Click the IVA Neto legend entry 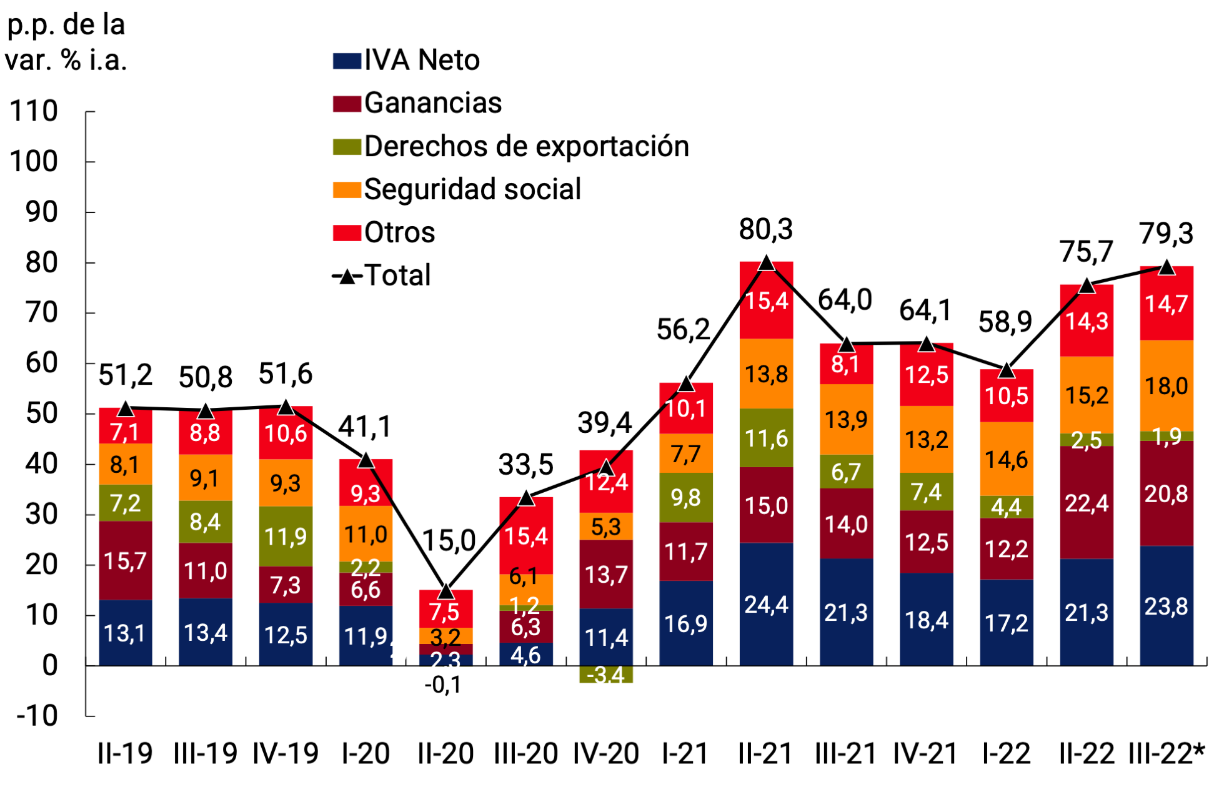pyautogui.click(x=406, y=61)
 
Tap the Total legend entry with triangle pyautogui.click(x=382, y=275)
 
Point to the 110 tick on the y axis pyautogui.click(x=34, y=112)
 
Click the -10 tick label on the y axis pyautogui.click(x=36, y=716)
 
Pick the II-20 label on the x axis pyautogui.click(x=445, y=754)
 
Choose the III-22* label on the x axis pyautogui.click(x=1167, y=754)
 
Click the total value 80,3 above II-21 pyautogui.click(x=766, y=229)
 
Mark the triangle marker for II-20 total pyautogui.click(x=445, y=590)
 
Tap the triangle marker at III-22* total pyautogui.click(x=1167, y=267)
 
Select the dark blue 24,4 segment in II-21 pyautogui.click(x=766, y=604)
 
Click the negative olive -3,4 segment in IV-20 pyautogui.click(x=606, y=675)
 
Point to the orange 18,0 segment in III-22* pyautogui.click(x=1167, y=386)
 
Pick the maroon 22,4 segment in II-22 pyautogui.click(x=1087, y=503)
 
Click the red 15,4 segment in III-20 pyautogui.click(x=526, y=535)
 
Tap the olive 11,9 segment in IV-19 pyautogui.click(x=286, y=537)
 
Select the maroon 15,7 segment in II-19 pyautogui.click(x=125, y=561)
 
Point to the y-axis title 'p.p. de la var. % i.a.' pyautogui.click(x=66, y=42)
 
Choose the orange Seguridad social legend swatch pyautogui.click(x=347, y=190)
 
